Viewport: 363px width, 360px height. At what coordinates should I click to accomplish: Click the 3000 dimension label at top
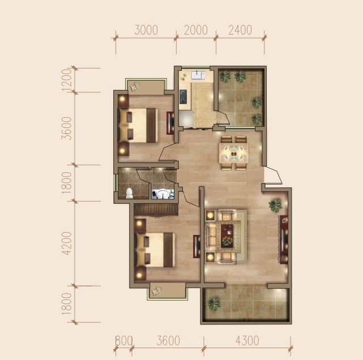[146, 30]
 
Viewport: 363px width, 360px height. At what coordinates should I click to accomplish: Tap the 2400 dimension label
[240, 30]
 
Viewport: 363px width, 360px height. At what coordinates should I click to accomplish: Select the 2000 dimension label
[196, 30]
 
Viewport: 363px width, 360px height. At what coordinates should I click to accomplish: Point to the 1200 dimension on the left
[67, 80]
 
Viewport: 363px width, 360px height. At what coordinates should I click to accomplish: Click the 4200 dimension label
[67, 243]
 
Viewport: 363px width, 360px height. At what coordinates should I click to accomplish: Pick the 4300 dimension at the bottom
[247, 341]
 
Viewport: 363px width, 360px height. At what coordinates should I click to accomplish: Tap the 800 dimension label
[124, 341]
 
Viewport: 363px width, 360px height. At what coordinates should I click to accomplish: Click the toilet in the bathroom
[130, 193]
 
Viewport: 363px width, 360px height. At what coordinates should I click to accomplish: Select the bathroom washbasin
[163, 194]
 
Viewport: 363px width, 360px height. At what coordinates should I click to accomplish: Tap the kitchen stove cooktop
[183, 97]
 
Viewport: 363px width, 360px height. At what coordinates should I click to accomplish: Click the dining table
[234, 153]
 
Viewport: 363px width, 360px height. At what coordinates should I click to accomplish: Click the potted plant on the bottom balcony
[214, 304]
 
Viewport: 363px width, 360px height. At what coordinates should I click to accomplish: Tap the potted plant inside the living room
[275, 205]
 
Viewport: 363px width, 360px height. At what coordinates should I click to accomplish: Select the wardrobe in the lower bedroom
[156, 211]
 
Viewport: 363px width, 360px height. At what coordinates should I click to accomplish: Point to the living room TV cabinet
[284, 239]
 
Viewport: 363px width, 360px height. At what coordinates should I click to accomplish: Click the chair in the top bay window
[134, 87]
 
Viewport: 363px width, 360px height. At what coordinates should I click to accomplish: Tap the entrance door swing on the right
[273, 175]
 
